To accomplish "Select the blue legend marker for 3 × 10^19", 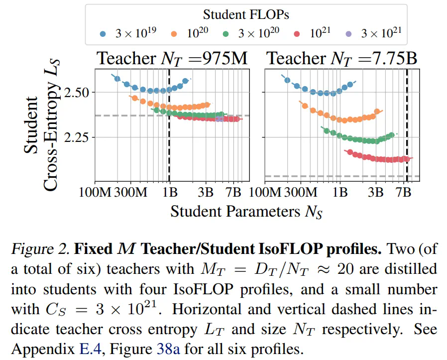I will point(103,34).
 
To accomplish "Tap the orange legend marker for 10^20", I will point(174,34).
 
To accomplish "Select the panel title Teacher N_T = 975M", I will point(172,59).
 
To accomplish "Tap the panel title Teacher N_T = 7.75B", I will point(342,59).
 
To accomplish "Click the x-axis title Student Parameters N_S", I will point(246,211).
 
